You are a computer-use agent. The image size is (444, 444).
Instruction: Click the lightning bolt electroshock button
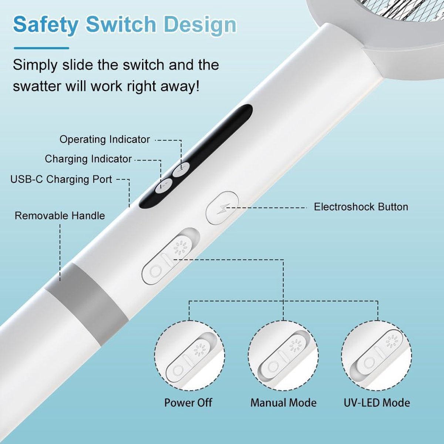[x=222, y=208]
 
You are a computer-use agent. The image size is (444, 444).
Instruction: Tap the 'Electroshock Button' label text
[x=361, y=207]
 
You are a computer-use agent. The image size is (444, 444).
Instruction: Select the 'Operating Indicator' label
[x=105, y=139]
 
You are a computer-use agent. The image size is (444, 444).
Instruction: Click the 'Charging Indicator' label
[x=88, y=159]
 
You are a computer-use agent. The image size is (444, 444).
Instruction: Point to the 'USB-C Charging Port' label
[x=61, y=179]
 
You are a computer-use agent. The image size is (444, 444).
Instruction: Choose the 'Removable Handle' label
[x=60, y=216]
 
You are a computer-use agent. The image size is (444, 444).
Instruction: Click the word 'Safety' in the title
[x=46, y=25]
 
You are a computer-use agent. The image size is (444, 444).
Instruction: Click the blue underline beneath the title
[x=41, y=48]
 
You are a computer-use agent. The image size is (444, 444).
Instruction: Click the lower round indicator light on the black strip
[x=164, y=186]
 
